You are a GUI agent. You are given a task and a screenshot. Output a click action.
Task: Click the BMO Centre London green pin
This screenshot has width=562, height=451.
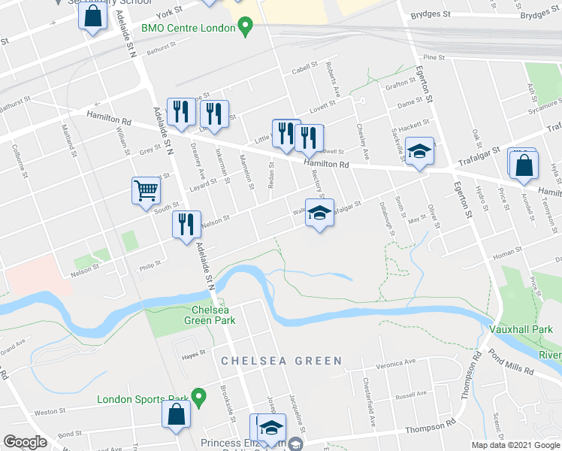244,29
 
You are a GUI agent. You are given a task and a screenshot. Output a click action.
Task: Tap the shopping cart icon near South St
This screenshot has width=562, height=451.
147,189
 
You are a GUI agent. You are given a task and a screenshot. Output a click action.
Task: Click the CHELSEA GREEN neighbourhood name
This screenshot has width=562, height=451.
282,361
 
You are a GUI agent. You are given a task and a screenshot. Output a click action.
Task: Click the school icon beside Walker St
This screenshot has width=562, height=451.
319,213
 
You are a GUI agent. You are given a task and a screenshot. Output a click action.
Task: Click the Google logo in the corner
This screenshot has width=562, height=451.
25,442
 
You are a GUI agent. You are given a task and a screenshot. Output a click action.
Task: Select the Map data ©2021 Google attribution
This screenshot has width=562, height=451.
515,445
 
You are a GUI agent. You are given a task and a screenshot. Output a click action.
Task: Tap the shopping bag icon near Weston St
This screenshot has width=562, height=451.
176,415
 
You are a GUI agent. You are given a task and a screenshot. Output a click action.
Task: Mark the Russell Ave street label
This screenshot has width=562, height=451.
411,393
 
